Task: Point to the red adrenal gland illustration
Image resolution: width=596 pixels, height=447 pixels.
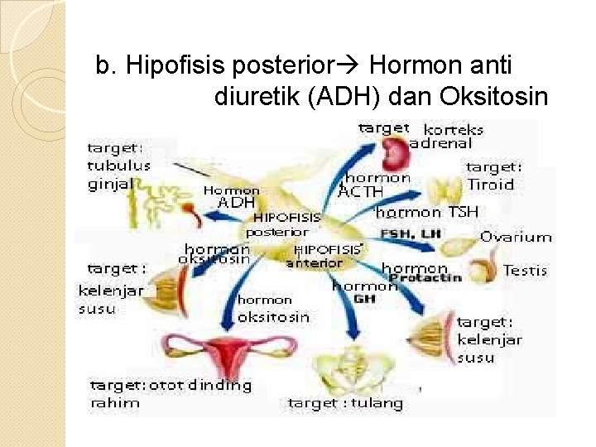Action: click(x=395, y=151)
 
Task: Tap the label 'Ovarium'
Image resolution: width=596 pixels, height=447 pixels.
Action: click(x=516, y=237)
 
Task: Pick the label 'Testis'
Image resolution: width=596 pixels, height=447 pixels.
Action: click(x=525, y=271)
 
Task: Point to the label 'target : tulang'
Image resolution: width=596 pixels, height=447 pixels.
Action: click(x=345, y=403)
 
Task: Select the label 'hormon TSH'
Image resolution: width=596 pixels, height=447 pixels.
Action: click(x=427, y=212)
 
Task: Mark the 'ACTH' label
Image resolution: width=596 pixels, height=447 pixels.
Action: click(x=361, y=192)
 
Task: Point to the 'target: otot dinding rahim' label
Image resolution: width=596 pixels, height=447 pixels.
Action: click(x=170, y=394)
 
